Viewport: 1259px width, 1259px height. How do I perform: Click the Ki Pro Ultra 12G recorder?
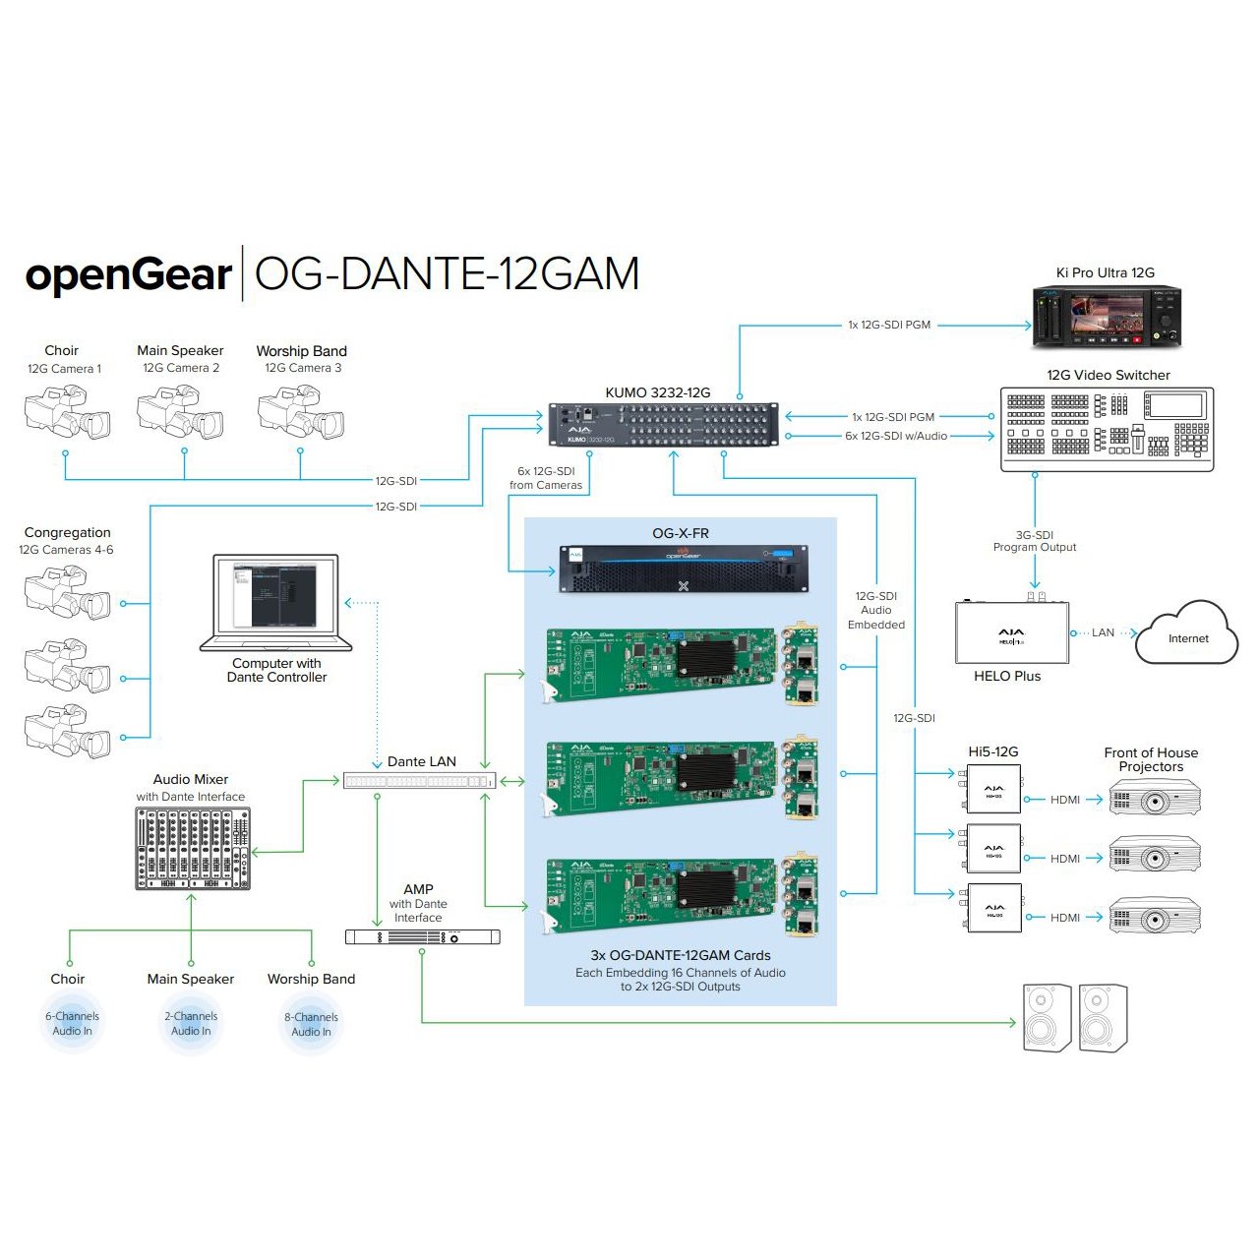coord(1107,317)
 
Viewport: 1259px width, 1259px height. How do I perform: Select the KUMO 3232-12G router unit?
coord(663,424)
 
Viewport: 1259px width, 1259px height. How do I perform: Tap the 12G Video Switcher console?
coord(1107,428)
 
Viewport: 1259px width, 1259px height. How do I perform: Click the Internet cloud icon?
coord(1186,634)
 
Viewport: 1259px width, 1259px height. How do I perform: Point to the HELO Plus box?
coord(1011,632)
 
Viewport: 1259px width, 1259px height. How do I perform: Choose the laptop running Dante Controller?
coord(275,602)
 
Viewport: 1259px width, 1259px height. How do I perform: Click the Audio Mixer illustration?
coord(192,849)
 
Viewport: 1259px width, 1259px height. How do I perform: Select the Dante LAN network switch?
coord(420,781)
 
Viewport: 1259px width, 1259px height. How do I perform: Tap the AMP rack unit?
coord(422,936)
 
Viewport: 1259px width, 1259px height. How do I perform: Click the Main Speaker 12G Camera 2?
coord(180,412)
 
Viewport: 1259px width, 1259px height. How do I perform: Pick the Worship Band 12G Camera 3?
coord(301,412)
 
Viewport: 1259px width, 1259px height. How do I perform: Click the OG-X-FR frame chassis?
coord(684,569)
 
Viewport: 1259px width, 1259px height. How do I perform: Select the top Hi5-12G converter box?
coord(992,790)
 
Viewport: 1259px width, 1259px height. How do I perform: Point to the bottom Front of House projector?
coord(1155,915)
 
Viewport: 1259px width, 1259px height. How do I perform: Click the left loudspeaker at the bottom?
coord(1047,1018)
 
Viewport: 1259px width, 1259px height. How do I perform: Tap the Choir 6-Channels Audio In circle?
coord(72,1024)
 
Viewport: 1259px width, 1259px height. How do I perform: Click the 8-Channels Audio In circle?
coord(311,1025)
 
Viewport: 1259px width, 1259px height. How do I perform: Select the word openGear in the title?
coord(129,274)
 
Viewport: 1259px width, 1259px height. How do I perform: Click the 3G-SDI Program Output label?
coord(1035,541)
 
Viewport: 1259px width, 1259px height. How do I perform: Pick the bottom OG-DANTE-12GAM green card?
coord(679,895)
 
